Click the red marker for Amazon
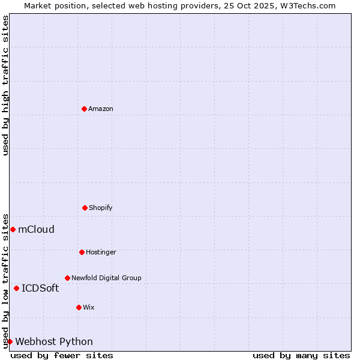84,109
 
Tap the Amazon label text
100,109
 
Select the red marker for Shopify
85,208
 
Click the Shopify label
100,208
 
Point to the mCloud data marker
13,229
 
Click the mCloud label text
36,229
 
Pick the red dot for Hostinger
82,252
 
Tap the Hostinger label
101,253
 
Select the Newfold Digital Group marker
67,278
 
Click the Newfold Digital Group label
106,278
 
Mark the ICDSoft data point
16,288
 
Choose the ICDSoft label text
40,288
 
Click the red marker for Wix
79,307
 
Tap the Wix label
88,308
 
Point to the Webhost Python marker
10,341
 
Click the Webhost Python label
54,342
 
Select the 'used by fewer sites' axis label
62,355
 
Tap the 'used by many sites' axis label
301,355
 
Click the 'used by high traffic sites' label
5,85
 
